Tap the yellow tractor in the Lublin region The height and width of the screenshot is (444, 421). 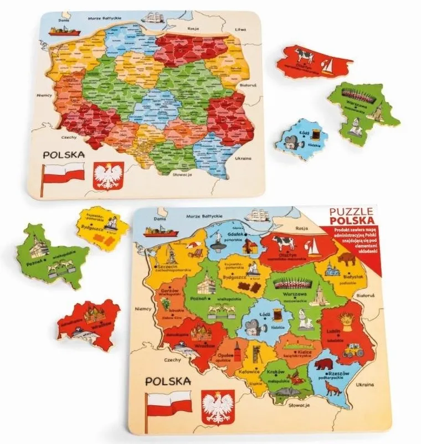[353, 350]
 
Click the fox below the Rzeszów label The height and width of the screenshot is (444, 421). [333, 389]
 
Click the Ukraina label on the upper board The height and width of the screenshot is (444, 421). [243, 158]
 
